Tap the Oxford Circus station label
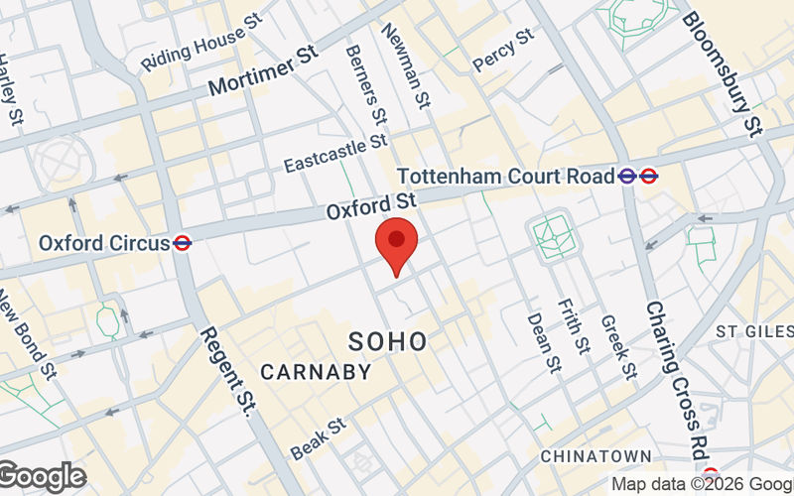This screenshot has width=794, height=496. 104,242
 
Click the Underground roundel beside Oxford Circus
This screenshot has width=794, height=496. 182,242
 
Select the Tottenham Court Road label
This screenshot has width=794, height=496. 506,177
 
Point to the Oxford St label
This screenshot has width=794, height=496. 369,206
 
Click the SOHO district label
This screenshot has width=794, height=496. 388,342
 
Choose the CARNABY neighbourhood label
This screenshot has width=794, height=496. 316,373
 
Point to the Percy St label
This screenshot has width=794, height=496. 503,49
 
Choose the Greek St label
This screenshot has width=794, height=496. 617,347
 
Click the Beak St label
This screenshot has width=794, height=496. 318,437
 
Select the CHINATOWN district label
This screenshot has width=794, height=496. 596,455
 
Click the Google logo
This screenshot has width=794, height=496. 42,477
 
